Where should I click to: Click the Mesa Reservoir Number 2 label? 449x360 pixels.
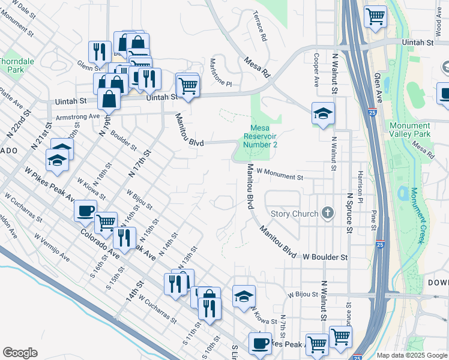click(260, 136)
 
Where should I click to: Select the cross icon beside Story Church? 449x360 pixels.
click(328, 212)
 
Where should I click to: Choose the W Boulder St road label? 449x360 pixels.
click(325, 257)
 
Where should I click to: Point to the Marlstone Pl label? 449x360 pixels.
click(220, 73)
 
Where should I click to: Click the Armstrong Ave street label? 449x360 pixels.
click(78, 116)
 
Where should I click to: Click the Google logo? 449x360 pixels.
click(20, 353)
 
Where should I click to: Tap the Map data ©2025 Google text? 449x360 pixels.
click(412, 355)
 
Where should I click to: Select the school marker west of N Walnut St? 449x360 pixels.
click(323, 113)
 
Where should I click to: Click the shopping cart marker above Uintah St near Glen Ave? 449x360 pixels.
click(375, 17)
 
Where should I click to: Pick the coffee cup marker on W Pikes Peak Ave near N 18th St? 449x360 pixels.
click(85, 211)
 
